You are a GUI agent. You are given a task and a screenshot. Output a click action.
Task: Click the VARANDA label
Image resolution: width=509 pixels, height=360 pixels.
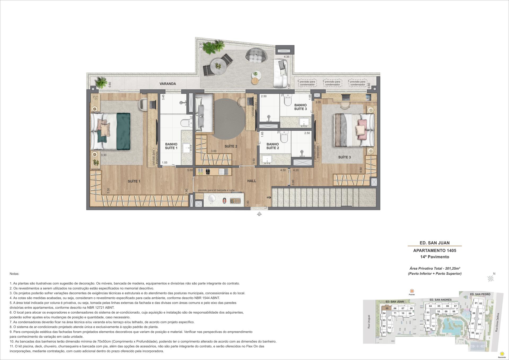[168, 84]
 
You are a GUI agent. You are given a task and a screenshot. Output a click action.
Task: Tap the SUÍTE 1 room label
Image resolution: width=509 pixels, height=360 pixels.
[134, 181]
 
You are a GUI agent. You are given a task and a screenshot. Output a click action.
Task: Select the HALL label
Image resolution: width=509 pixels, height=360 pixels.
[252, 181]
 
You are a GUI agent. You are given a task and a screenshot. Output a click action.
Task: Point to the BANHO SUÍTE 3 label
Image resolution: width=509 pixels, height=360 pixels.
[300, 107]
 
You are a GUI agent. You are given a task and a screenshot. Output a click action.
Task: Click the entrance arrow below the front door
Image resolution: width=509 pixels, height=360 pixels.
[259, 214]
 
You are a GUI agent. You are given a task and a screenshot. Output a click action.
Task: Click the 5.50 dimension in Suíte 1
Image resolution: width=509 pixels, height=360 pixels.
[108, 191]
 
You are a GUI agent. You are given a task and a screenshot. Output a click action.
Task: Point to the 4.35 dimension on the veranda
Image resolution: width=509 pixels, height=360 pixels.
[286, 57]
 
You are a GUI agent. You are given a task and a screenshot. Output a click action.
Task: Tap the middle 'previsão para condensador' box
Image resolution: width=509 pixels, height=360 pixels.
[332, 83]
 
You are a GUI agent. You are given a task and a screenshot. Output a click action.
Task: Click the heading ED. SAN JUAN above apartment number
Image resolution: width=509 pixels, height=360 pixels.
[435, 243]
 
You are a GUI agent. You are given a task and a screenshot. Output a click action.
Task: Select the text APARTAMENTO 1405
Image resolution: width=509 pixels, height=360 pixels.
[435, 250]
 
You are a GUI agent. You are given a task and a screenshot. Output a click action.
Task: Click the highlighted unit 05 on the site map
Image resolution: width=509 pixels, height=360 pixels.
[387, 308]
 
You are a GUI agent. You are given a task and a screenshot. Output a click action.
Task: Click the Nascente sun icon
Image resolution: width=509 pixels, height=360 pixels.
[501, 353]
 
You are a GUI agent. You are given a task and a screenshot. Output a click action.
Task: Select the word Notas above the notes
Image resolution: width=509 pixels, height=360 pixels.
[15, 274]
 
